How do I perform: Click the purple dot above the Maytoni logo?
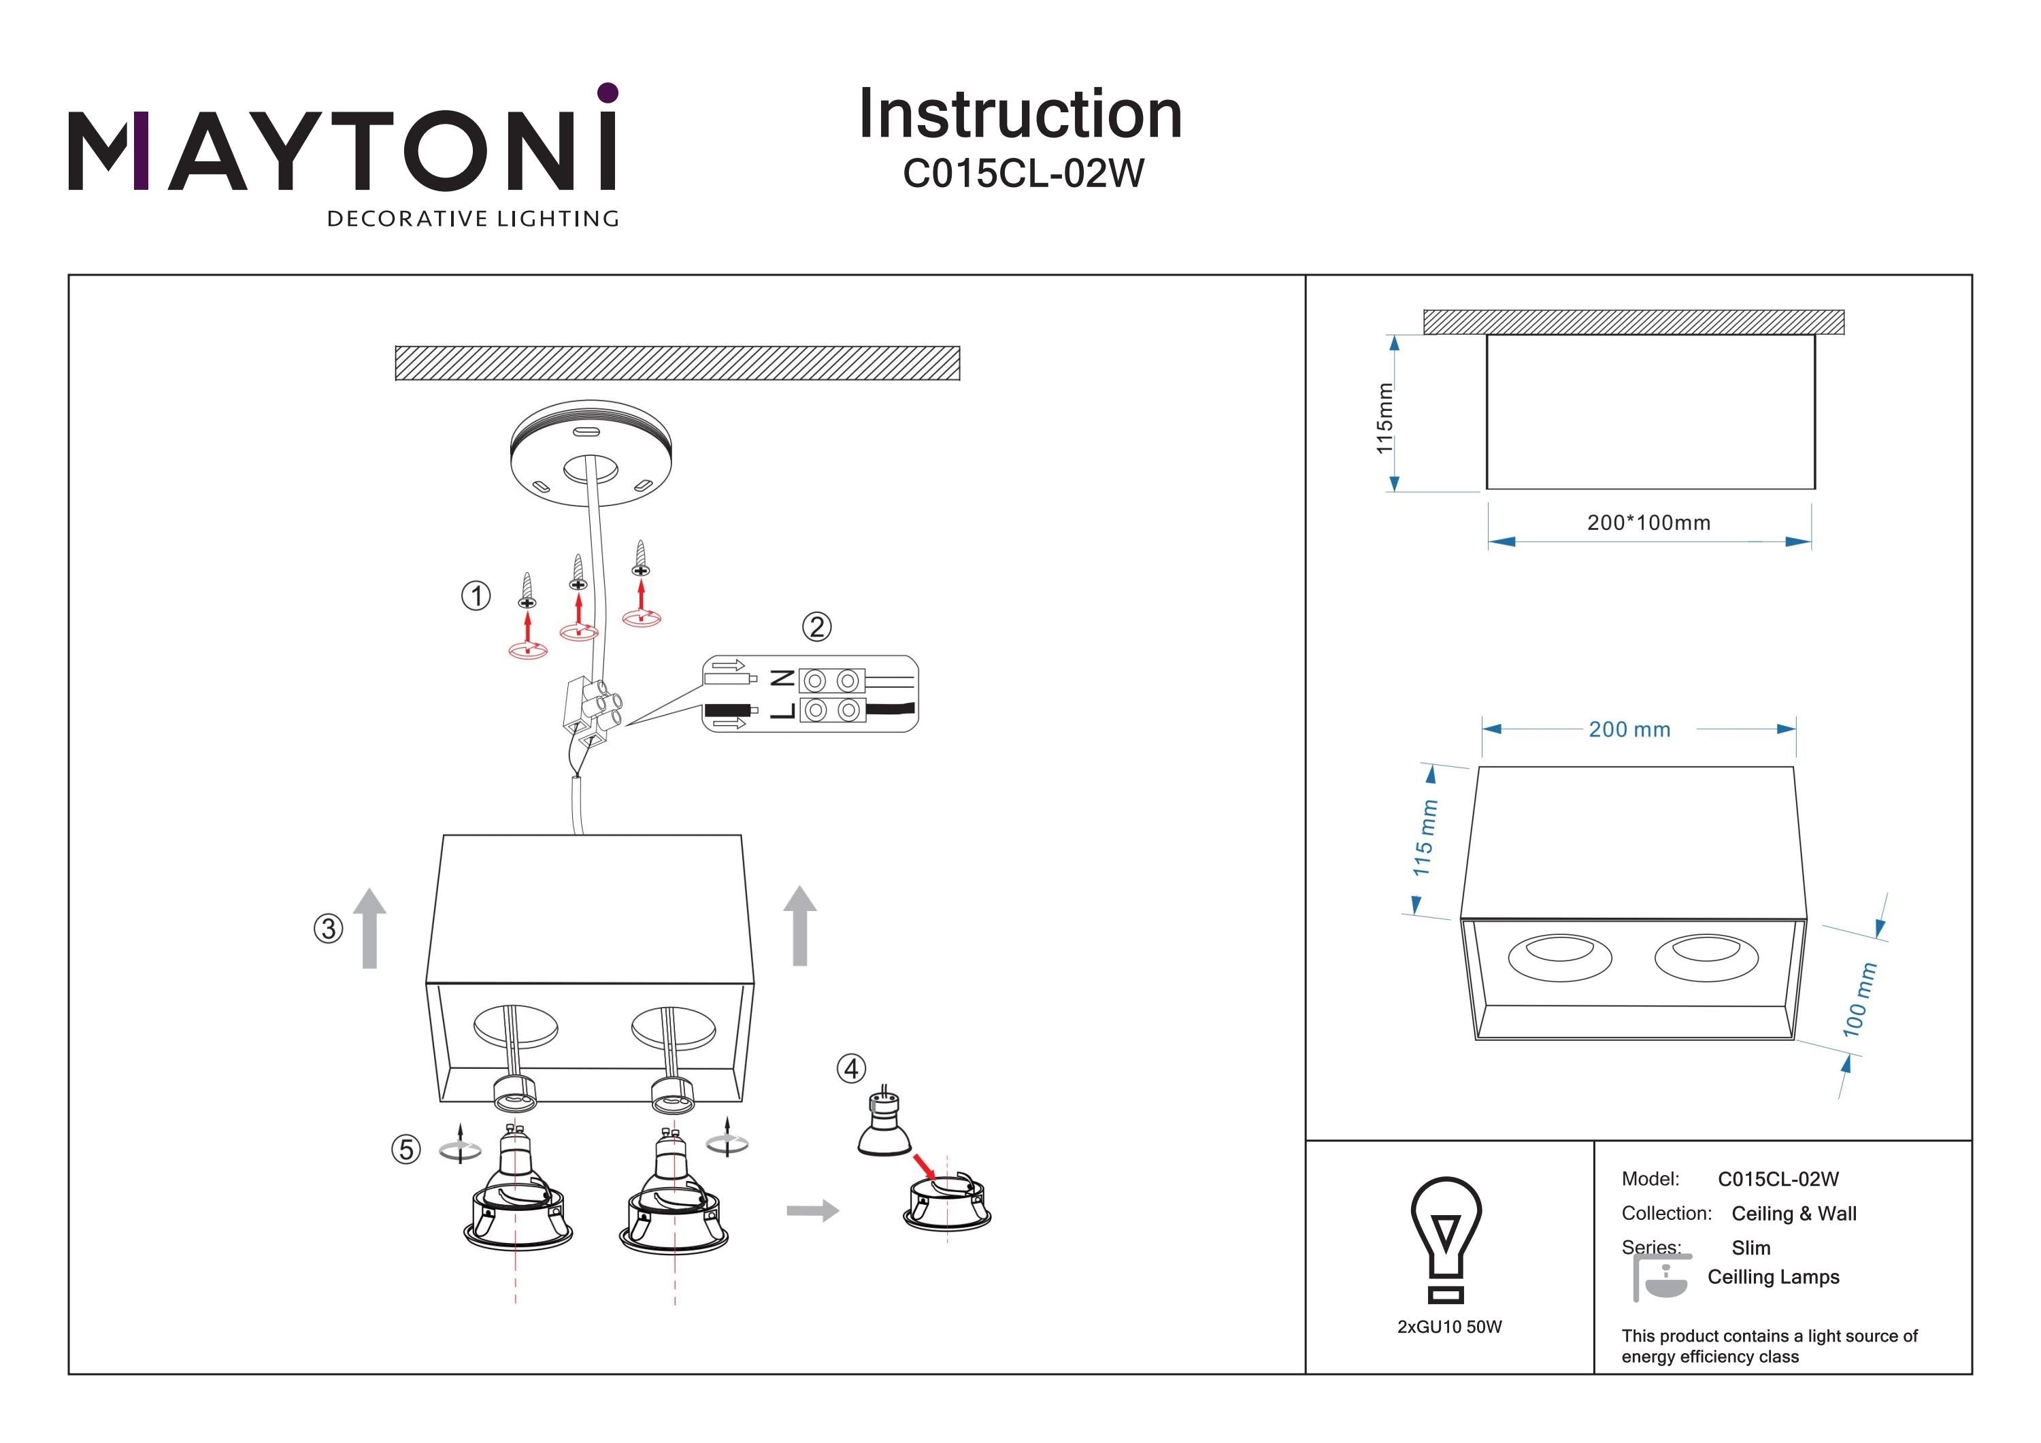coord(608,93)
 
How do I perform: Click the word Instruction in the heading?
coord(1020,115)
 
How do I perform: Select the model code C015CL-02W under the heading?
coord(1023,173)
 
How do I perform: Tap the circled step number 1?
coord(476,596)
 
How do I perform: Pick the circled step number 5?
coord(406,1150)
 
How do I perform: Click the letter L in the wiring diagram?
coord(782,710)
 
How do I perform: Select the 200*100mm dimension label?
coord(1649,523)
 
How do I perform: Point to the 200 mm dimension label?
coord(1629,730)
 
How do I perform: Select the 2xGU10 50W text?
coord(1449,1327)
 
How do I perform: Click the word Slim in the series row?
coord(1750,1247)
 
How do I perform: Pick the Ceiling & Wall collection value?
coord(1794,1214)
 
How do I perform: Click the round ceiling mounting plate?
coord(591,453)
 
